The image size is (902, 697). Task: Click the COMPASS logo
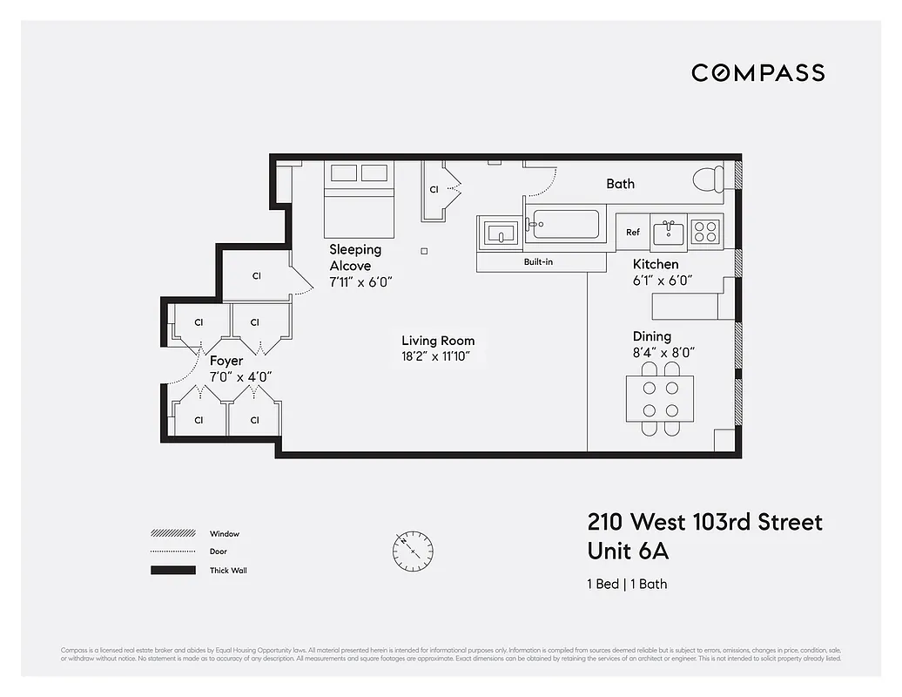tap(757, 73)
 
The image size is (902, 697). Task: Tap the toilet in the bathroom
tap(708, 179)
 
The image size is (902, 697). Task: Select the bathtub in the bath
tap(565, 224)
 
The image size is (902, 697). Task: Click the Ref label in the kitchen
tap(633, 233)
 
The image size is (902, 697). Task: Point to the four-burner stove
tap(705, 232)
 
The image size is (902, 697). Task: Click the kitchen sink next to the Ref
tap(669, 232)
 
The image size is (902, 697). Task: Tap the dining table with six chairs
tap(661, 399)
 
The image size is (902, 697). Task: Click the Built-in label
tap(538, 261)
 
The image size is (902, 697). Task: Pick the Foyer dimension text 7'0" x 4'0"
tap(241, 377)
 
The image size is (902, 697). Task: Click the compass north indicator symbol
tap(412, 551)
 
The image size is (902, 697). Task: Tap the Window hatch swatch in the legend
tap(173, 533)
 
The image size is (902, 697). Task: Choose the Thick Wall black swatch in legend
tap(173, 571)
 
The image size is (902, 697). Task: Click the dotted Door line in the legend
tap(173, 552)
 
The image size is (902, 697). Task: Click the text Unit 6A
tap(629, 552)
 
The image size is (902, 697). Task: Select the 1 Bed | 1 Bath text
tap(627, 584)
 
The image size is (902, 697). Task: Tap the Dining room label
tap(652, 336)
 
